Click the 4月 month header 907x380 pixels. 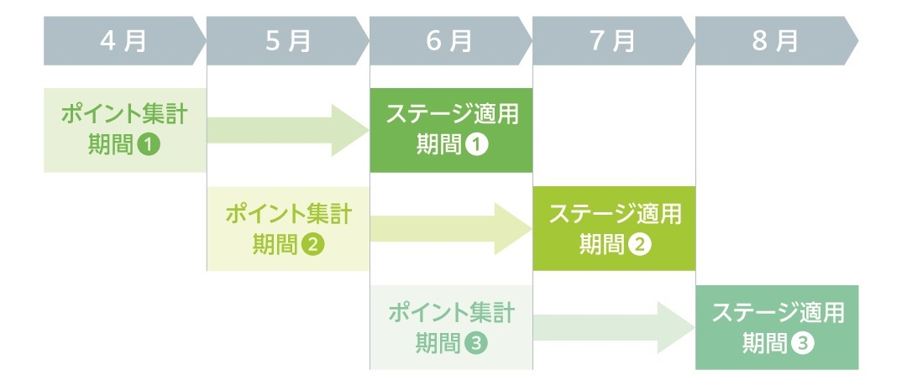[124, 40]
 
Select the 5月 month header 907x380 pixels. [287, 40]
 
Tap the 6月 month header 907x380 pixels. [451, 40]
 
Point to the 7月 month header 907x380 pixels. [614, 40]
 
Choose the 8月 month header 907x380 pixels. [777, 40]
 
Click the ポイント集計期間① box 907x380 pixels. [125, 130]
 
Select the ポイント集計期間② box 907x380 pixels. [288, 229]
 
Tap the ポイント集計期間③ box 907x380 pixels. [451, 327]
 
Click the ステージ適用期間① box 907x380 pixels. [451, 130]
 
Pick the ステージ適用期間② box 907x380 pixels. [614, 229]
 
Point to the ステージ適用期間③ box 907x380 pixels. [778, 327]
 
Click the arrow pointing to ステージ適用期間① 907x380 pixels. [288, 131]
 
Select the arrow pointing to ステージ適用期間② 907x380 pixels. [451, 229]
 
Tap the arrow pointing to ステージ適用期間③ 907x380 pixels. [614, 327]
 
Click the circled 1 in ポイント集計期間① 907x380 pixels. [149, 145]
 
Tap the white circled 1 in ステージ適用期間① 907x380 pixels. [477, 145]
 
